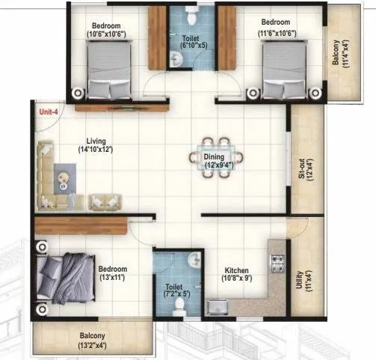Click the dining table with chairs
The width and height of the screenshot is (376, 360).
point(216,158)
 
